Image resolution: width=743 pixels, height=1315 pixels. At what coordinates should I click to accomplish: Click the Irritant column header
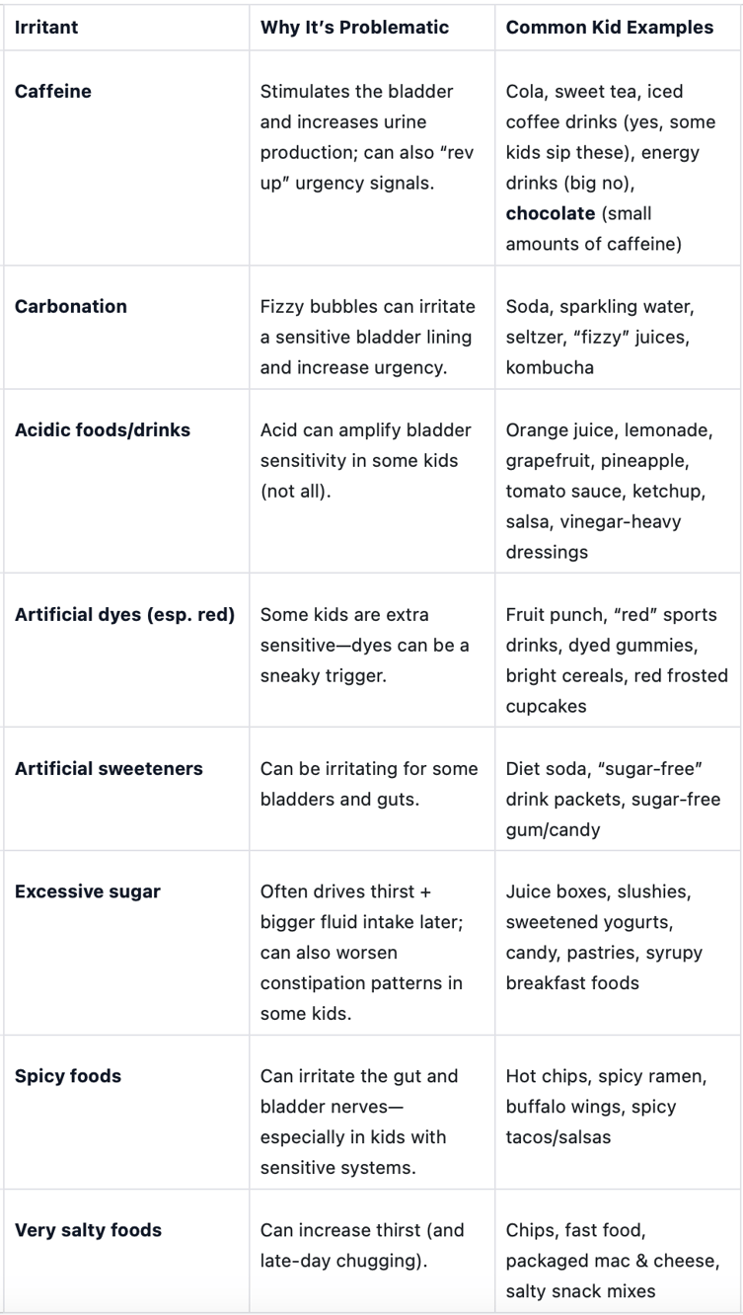coord(46,28)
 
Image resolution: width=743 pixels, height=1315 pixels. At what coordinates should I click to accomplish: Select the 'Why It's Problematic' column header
coord(354,28)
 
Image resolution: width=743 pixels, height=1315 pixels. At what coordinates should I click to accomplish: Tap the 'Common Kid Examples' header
coord(609,28)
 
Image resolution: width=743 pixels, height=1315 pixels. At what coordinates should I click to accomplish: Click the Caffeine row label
coord(51,92)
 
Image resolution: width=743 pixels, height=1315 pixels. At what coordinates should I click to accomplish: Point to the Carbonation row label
coord(71,306)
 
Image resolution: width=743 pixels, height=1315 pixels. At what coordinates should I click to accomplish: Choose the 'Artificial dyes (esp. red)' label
coord(124,614)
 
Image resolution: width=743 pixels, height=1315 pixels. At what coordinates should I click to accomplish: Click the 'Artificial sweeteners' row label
coord(109,768)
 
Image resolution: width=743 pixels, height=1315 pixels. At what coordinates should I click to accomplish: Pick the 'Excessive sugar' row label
coord(88,892)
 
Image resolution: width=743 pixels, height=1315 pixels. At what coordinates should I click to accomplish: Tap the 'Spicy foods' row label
coord(68,1076)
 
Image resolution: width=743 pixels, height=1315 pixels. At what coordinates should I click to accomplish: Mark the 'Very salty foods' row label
coord(88,1230)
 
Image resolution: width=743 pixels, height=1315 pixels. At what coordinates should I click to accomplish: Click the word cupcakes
coord(547,706)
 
